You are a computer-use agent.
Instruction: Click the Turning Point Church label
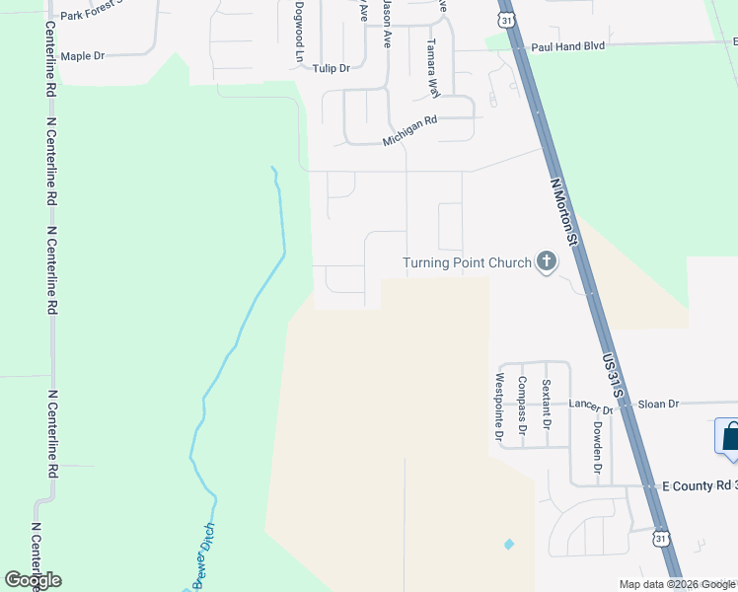point(467,262)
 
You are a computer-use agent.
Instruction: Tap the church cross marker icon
point(547,262)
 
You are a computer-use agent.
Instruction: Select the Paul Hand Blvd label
point(566,46)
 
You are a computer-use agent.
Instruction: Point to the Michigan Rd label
point(409,130)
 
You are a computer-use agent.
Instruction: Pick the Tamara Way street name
point(431,67)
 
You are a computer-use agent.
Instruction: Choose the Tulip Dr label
point(332,68)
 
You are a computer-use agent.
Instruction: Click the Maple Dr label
point(82,56)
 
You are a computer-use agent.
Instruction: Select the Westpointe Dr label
point(499,406)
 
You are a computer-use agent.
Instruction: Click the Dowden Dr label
point(597,443)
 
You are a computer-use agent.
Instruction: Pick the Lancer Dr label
point(586,404)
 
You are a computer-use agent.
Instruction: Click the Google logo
point(33,580)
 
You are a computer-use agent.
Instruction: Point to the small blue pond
point(509,544)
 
